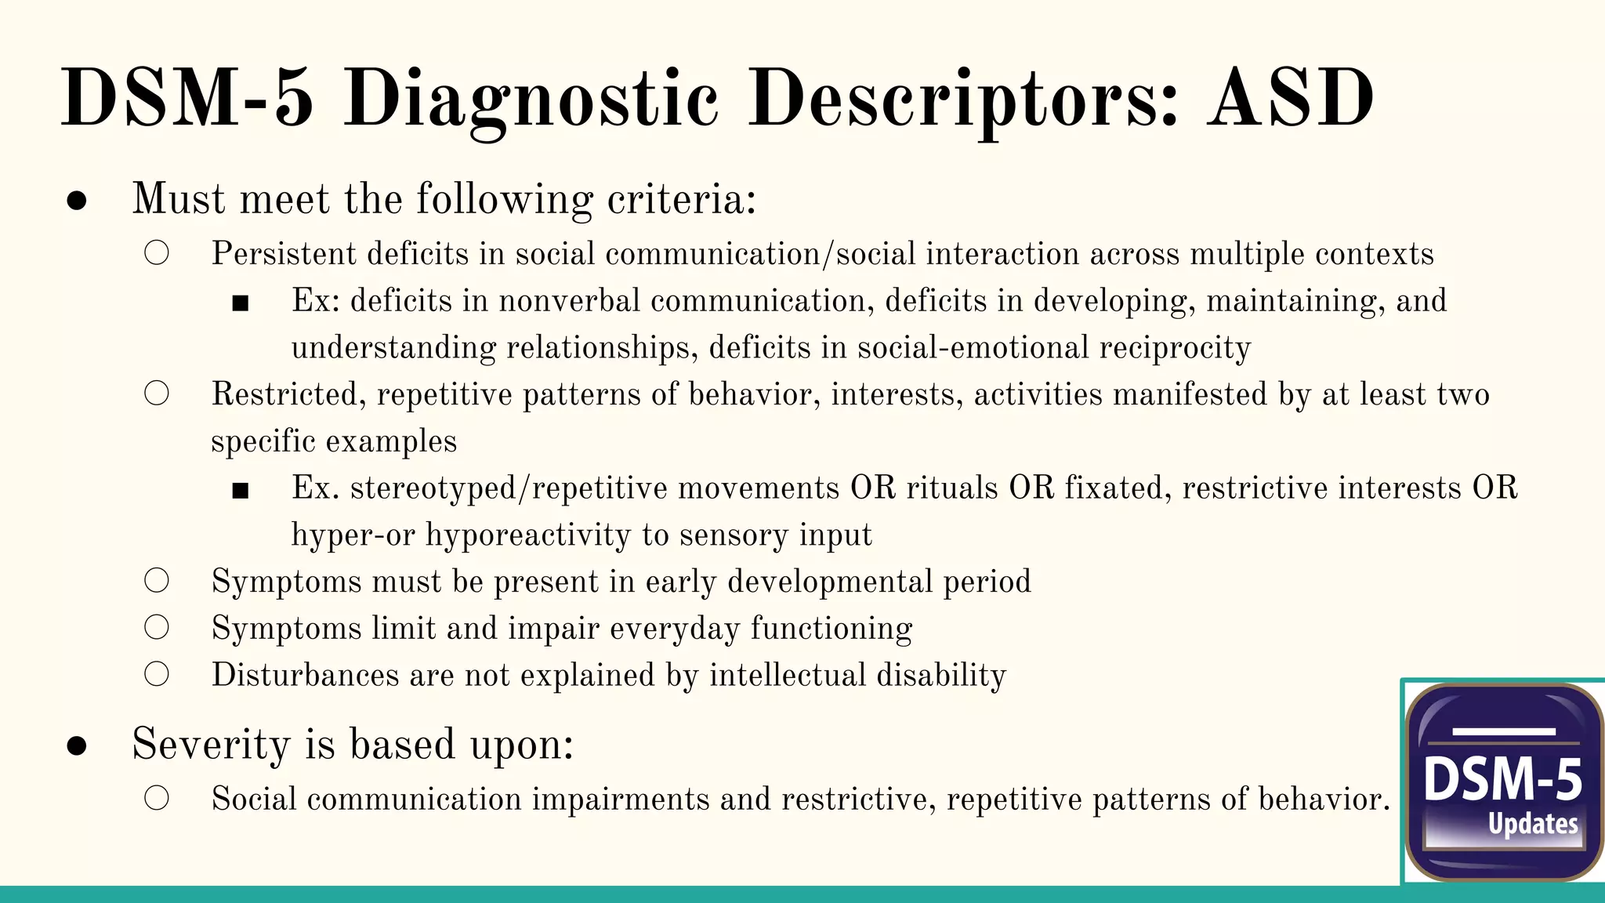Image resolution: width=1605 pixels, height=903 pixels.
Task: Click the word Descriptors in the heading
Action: pos(962,100)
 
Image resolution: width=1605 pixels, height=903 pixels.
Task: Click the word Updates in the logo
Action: pos(1533,824)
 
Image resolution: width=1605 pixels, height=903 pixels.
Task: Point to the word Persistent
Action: pos(284,254)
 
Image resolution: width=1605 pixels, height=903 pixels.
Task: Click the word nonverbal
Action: pos(570,301)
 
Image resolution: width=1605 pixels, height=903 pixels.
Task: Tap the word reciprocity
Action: pos(1175,348)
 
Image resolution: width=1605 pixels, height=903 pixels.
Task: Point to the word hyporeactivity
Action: pos(528,535)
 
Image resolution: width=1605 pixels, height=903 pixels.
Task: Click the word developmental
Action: pos(830,582)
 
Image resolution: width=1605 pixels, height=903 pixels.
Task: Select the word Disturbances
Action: pos(305,675)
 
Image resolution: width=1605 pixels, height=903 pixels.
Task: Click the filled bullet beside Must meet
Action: pos(77,200)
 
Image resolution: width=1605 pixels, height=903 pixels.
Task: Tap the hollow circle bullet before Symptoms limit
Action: pos(157,627)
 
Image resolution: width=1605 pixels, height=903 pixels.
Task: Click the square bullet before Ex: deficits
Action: pos(241,303)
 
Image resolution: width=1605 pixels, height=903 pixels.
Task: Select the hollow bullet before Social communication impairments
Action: pos(157,798)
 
